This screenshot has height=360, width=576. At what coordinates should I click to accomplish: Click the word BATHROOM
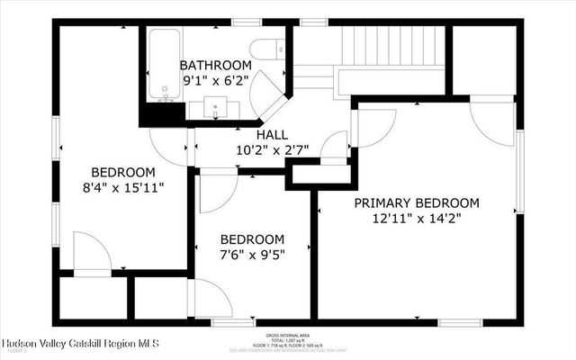[x=215, y=66]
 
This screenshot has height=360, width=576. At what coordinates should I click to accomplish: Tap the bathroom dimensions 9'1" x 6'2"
[x=215, y=80]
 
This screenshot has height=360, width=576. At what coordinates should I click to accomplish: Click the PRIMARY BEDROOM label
[x=416, y=202]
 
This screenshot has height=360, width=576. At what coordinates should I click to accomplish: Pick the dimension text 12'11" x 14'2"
[x=416, y=218]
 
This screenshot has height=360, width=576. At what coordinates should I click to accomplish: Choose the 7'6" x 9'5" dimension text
[x=253, y=255]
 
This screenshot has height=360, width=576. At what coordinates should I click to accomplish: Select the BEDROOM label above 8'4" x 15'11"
[x=122, y=172]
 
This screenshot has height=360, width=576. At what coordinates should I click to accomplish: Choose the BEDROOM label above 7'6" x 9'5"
[x=253, y=239]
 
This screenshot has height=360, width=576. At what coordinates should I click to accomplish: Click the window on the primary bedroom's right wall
[x=518, y=171]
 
